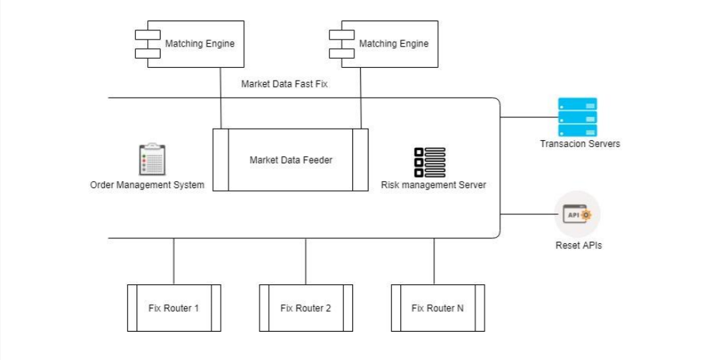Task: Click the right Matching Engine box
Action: tap(389, 44)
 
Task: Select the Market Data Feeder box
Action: tap(291, 160)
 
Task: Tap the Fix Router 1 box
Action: tap(174, 308)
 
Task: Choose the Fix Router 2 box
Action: tap(306, 308)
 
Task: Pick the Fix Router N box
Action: tap(438, 308)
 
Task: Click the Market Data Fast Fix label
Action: tap(284, 83)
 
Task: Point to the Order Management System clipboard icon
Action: tap(151, 159)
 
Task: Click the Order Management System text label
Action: tap(147, 185)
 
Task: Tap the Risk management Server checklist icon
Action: tap(430, 162)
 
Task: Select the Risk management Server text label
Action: tap(434, 185)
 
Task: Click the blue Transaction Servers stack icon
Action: tap(577, 117)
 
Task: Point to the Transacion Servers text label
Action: tap(580, 144)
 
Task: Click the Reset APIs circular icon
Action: tap(577, 214)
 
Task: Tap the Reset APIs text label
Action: tap(579, 245)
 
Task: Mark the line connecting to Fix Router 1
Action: tap(174, 261)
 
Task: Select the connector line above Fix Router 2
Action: tap(306, 261)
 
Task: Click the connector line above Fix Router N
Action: tap(434, 261)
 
